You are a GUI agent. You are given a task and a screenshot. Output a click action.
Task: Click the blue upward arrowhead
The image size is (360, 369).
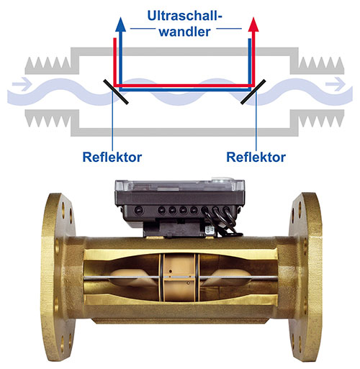[x=120, y=25]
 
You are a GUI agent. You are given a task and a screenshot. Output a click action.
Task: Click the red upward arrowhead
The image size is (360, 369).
[x=253, y=25]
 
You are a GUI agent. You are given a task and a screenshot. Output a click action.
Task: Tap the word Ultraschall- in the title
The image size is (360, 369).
[x=185, y=16]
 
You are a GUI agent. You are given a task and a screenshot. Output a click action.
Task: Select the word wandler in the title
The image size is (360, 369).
[x=185, y=32]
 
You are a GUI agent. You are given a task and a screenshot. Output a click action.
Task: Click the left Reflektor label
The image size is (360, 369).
[x=112, y=158]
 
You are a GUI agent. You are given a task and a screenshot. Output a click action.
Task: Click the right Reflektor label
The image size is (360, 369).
[x=256, y=158]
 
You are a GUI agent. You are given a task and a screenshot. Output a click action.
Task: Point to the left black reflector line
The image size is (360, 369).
[x=116, y=92]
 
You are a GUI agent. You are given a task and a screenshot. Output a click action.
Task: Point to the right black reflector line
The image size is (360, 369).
[x=253, y=92]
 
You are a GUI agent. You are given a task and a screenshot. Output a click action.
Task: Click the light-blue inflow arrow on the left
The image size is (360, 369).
[x=22, y=84]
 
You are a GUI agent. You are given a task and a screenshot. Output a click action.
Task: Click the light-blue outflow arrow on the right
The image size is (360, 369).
[x=336, y=84]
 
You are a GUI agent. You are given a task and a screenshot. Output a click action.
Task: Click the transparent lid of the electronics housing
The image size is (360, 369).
[x=179, y=186]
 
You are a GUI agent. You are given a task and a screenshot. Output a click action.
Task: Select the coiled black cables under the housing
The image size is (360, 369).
[x=220, y=222]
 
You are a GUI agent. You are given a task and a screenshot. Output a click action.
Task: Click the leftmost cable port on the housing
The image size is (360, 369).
[x=138, y=210]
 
